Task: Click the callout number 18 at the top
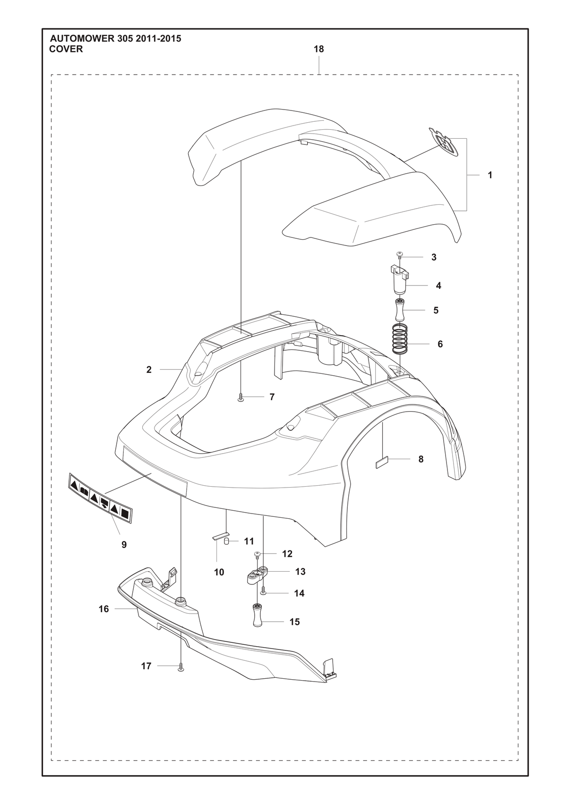point(318,49)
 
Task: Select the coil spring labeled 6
point(400,338)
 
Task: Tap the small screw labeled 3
point(399,254)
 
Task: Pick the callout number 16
point(104,608)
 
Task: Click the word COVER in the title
point(66,49)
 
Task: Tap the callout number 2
point(149,370)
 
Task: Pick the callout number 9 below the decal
point(124,545)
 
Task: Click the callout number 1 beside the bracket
point(490,175)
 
